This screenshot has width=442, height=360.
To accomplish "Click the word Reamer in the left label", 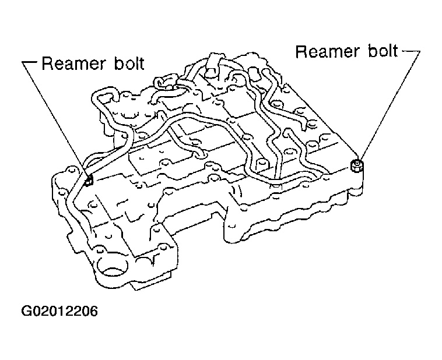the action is [73, 63].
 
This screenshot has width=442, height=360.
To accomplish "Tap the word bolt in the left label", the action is [129, 63].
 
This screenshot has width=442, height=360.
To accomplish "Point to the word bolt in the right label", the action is [383, 51].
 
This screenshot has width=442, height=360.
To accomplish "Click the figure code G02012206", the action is [59, 311].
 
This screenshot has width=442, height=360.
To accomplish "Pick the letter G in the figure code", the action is [26, 311].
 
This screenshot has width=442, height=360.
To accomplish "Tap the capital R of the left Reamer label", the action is [47, 63].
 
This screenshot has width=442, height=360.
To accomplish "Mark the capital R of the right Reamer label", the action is [301, 52].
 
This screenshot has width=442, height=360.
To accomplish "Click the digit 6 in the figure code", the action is [93, 311].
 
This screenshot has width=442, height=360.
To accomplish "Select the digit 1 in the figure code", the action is [60, 311].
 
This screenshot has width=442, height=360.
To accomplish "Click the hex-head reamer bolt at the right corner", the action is [357, 166].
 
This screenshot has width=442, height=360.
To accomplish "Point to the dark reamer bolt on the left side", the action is [89, 181].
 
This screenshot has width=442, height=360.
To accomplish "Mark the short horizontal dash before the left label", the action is [30, 62].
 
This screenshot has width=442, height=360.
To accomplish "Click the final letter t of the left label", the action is [141, 64].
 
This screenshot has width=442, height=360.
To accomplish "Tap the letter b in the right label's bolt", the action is [373, 51].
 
